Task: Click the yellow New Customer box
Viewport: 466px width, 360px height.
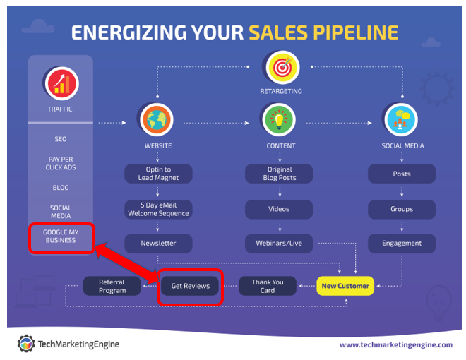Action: click(345, 286)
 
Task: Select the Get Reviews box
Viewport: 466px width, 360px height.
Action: click(190, 286)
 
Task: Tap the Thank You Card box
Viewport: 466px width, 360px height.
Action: click(268, 286)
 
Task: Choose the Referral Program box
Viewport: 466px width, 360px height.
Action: click(112, 286)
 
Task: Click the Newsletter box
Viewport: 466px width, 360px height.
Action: click(158, 244)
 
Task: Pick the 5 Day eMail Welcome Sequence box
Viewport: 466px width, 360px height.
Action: click(158, 209)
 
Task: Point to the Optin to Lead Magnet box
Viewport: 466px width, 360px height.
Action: click(158, 174)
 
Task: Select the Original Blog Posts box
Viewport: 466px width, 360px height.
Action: click(279, 174)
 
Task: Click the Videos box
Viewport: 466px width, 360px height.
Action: click(279, 209)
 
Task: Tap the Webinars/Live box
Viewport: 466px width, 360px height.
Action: click(279, 244)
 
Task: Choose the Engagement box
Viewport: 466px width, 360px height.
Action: click(402, 244)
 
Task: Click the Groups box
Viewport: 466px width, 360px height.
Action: click(402, 209)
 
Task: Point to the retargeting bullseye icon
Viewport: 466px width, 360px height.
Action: click(282, 67)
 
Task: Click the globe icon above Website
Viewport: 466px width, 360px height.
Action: click(157, 120)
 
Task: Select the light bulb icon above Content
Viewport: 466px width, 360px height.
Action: click(279, 120)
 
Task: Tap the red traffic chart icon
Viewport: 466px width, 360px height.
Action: click(62, 83)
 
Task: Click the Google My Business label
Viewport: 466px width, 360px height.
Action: click(61, 236)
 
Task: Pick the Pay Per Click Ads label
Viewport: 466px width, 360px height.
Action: click(61, 163)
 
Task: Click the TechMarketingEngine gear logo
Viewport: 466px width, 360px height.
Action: click(26, 344)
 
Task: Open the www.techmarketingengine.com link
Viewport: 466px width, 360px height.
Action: click(396, 345)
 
